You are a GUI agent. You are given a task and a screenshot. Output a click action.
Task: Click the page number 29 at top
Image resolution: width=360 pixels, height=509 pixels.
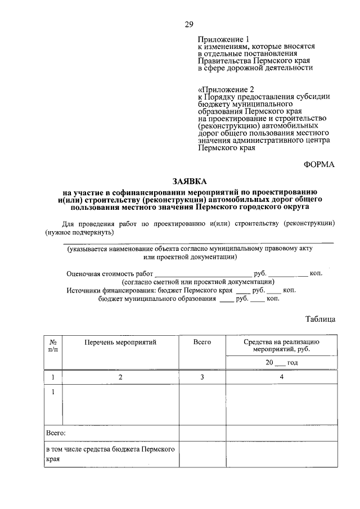[x=189, y=24]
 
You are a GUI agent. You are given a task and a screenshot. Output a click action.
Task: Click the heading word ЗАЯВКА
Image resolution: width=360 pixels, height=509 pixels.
[x=189, y=181]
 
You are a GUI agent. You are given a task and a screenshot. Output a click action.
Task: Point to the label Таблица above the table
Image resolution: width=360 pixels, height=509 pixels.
[x=320, y=319]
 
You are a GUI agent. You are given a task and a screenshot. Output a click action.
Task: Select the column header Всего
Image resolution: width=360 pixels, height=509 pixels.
[x=202, y=341]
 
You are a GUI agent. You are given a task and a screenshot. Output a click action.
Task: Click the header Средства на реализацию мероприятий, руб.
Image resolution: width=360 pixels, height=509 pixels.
[x=281, y=345]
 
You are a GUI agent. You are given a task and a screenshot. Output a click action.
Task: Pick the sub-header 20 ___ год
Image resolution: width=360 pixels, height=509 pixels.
[x=281, y=363]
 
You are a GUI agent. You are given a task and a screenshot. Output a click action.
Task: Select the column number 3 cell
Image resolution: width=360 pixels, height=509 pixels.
[x=202, y=377]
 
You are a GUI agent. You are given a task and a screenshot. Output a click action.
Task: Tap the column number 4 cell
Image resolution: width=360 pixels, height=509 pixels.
[x=281, y=377]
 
